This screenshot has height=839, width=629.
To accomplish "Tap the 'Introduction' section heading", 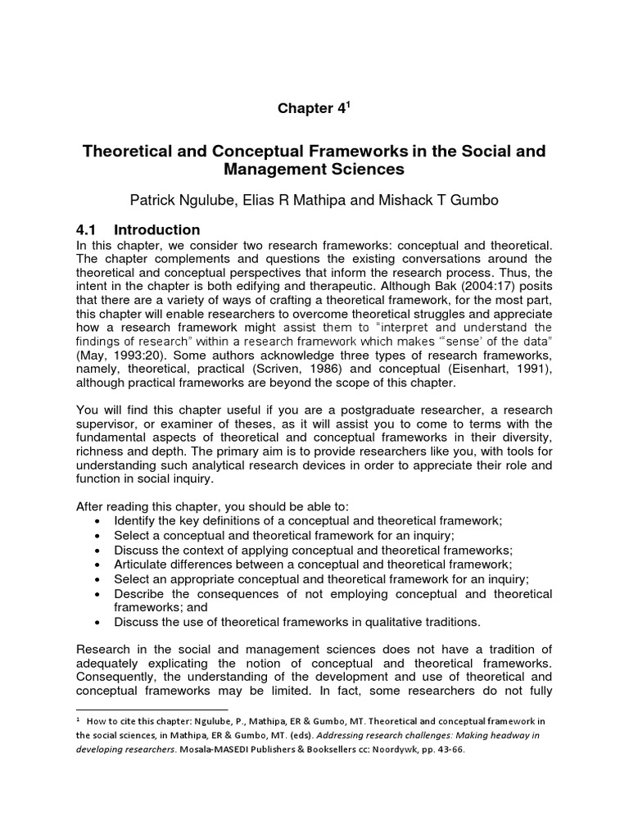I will pos(156,229).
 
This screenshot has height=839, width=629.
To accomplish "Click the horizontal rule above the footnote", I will pos(152,710).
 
